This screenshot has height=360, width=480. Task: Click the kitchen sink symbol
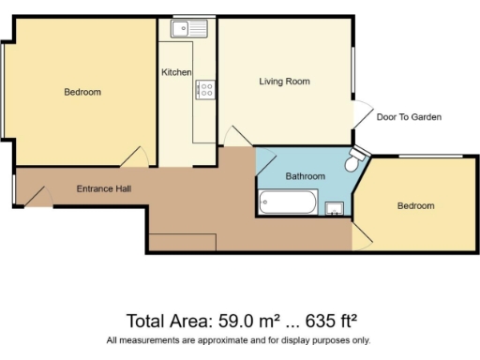(x=181, y=29)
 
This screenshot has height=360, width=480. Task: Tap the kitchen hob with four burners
(x=204, y=90)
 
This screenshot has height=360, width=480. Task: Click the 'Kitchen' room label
(x=176, y=72)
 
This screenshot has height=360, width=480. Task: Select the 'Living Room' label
(x=284, y=82)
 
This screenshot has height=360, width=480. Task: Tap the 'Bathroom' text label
(x=306, y=176)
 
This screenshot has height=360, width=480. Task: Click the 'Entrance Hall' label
(x=103, y=188)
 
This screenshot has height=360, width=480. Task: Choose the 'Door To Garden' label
(x=408, y=117)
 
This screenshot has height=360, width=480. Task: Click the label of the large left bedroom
(x=82, y=92)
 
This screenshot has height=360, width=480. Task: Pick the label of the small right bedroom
(x=414, y=205)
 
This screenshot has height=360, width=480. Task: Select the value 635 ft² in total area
(x=331, y=321)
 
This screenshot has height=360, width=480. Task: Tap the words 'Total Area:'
(x=165, y=321)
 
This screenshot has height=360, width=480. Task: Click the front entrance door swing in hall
(x=36, y=196)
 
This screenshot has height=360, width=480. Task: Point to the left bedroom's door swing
(x=139, y=157)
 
